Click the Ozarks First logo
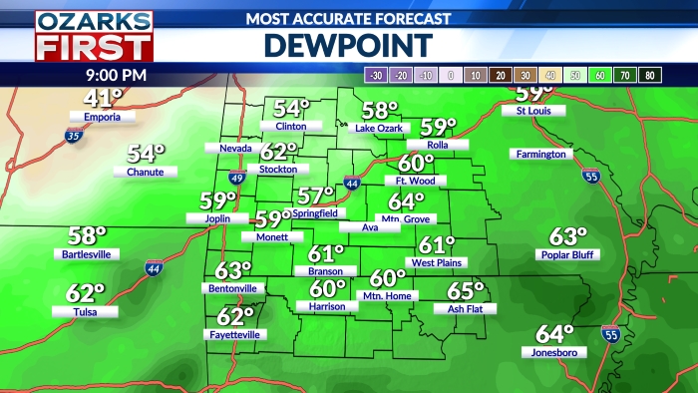pos(95,36)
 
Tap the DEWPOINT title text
pos(348,45)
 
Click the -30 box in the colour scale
pos(377,75)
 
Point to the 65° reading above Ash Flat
pos(465,291)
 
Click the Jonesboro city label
pos(554,351)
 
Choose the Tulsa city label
pos(86,311)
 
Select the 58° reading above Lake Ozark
pos(380,111)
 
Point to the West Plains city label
pos(436,262)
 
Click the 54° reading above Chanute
pos(146,154)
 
